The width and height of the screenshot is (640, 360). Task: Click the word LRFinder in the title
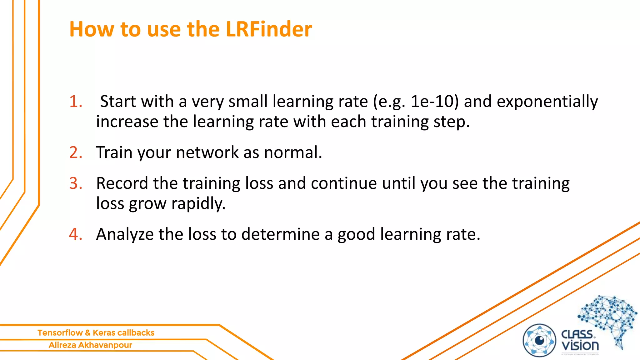click(268, 29)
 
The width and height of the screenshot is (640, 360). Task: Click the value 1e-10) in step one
click(434, 102)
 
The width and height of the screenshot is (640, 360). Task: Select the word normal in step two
click(292, 152)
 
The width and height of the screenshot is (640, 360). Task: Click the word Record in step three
click(122, 183)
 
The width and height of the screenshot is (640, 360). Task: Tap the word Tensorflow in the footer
click(60, 333)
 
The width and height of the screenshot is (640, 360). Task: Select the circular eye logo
click(539, 340)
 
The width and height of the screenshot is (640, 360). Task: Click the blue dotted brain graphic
click(608, 319)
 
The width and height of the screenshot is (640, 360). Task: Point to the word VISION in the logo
click(580, 346)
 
